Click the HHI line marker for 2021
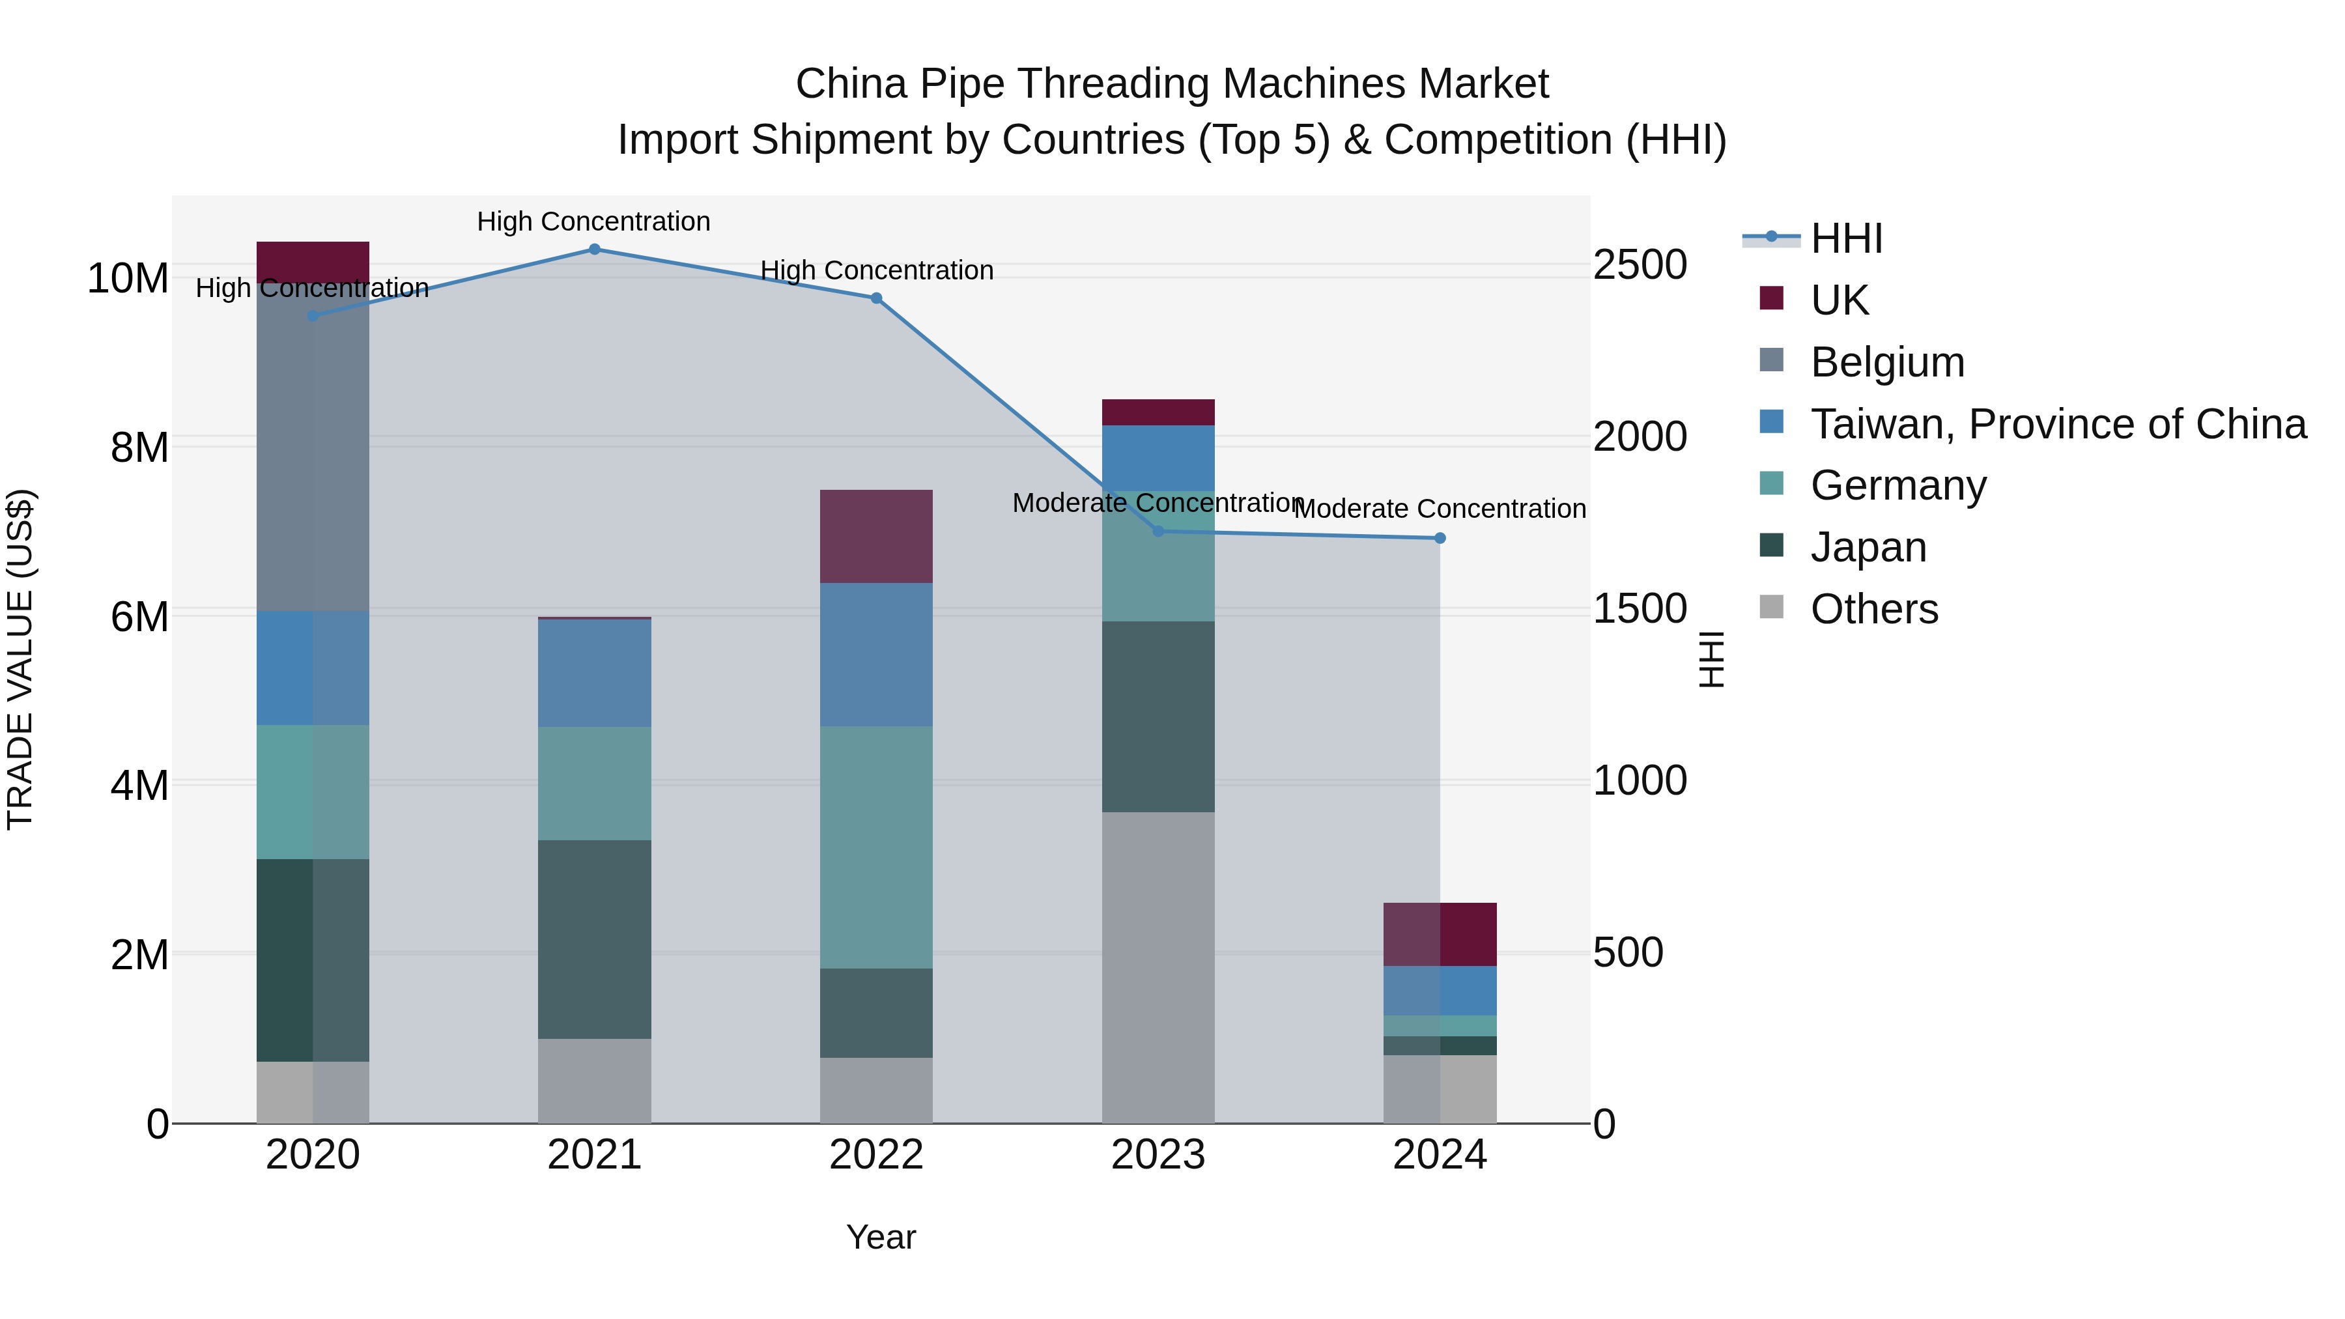tap(595, 249)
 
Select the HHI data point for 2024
tap(1440, 538)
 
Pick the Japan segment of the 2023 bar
tap(1158, 716)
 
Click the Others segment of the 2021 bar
tap(595, 1081)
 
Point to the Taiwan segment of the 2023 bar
tap(1158, 458)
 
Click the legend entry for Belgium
tap(1887, 362)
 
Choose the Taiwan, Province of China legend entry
tap(2057, 424)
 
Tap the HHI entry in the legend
tap(1846, 238)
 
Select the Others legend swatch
tap(1772, 606)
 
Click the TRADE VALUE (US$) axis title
tap(20, 659)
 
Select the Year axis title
tap(880, 1237)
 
